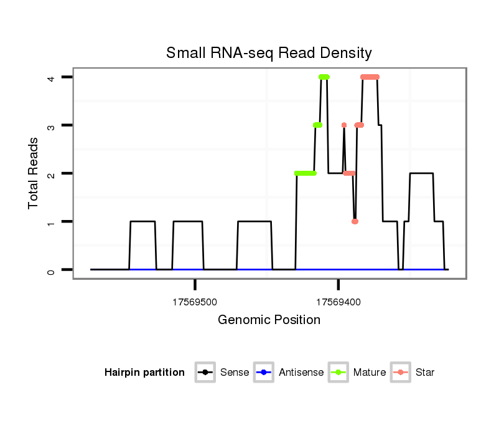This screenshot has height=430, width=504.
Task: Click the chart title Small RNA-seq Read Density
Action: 269,53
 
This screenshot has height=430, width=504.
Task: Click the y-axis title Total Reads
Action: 34,173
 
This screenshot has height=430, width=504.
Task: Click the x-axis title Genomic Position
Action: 269,320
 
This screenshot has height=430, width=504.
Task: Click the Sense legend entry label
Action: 235,373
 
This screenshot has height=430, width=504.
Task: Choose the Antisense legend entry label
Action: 301,373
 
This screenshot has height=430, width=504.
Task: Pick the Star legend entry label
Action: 425,373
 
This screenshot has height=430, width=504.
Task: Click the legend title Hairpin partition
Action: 144,373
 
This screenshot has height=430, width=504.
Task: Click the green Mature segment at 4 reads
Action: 324,77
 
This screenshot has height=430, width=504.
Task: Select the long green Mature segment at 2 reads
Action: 305,173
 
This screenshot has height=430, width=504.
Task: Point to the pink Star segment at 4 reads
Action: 370,77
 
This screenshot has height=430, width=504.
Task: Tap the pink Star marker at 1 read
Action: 355,221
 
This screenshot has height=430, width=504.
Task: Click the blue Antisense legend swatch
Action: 263,373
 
